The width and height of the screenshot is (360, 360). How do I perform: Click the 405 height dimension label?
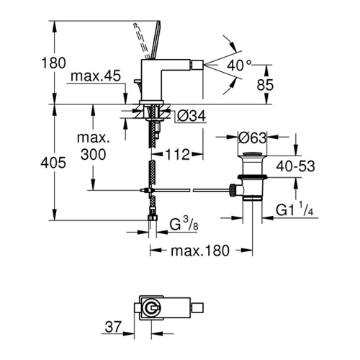53,163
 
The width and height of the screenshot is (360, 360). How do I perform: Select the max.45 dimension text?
96,76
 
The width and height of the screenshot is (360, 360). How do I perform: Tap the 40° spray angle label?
239,65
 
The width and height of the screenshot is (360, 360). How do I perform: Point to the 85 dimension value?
265,85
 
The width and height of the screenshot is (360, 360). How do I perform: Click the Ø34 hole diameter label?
192,116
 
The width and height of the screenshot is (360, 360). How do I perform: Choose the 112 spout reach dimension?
178,154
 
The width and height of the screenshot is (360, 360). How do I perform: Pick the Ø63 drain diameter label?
253,138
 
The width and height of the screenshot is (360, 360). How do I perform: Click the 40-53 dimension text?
295,166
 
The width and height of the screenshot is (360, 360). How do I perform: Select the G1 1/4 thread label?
294,210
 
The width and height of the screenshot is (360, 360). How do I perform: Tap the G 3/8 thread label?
184,225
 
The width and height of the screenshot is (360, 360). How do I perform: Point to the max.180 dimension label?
200,251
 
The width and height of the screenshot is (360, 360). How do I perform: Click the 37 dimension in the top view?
113,327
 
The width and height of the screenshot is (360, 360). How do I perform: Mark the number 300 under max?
93,154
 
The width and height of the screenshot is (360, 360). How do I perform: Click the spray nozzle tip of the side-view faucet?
199,65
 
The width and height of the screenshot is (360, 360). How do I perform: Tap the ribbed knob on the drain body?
233,190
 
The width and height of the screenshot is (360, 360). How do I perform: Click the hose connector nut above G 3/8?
153,217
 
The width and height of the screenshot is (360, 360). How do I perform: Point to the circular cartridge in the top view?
150,307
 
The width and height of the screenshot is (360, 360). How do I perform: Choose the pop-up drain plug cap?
252,154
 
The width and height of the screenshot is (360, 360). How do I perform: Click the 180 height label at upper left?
53,63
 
